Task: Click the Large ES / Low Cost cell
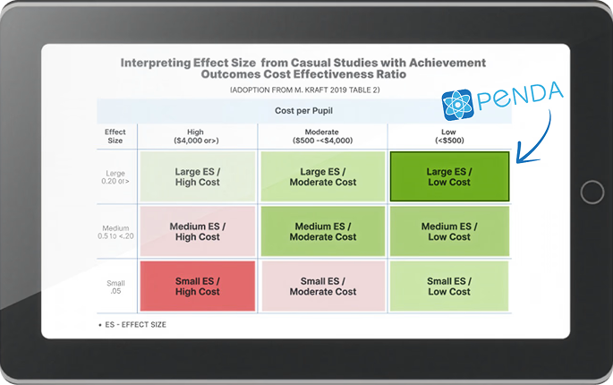[448, 176]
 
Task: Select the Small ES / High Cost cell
[197, 286]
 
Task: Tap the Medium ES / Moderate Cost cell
[322, 231]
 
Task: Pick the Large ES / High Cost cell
[197, 176]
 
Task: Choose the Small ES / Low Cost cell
[448, 286]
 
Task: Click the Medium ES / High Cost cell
[197, 231]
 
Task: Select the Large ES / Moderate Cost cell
[322, 176]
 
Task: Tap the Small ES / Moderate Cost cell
[322, 286]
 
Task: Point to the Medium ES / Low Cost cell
[448, 231]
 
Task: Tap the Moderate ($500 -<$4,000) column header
[322, 136]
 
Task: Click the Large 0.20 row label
[115, 175]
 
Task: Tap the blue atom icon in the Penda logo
[457, 104]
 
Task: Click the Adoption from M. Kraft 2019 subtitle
[305, 90]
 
